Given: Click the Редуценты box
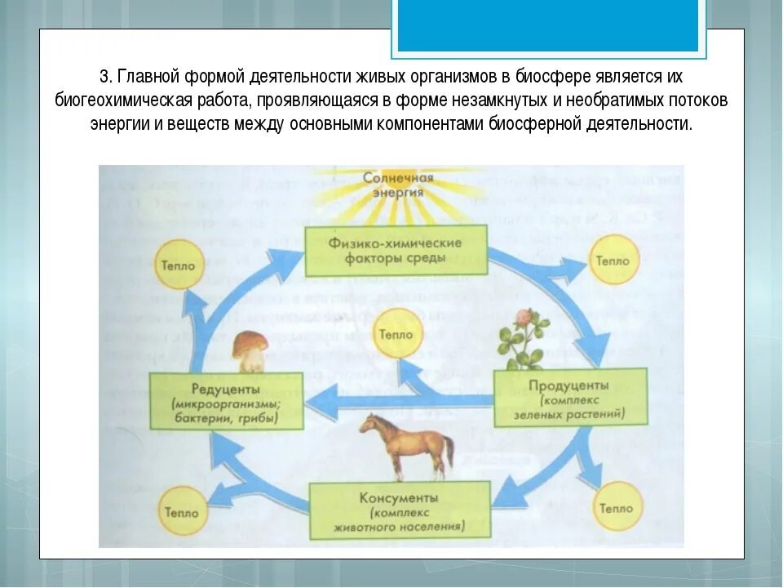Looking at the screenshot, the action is click(226, 401).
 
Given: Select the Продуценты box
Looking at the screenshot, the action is click(570, 398).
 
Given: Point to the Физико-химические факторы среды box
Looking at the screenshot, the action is click(396, 251).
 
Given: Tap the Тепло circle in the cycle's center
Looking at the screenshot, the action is click(396, 334).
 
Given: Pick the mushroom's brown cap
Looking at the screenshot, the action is click(248, 342).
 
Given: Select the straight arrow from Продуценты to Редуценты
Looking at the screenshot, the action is click(400, 400).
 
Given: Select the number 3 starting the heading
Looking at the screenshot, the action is click(104, 77).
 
